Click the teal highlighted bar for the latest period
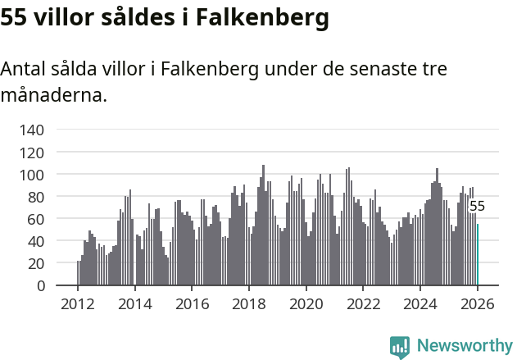pos(478,255)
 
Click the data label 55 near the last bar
pos(477,207)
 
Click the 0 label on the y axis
pos(39,285)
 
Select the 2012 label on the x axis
pos(78,303)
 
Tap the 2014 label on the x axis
pos(135,303)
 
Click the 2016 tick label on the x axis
pos(193,303)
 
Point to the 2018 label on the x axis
pos(249,303)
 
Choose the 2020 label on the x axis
pos(306,303)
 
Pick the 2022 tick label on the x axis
pos(364,303)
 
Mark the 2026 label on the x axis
pos(478,303)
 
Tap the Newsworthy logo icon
pos(399,347)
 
